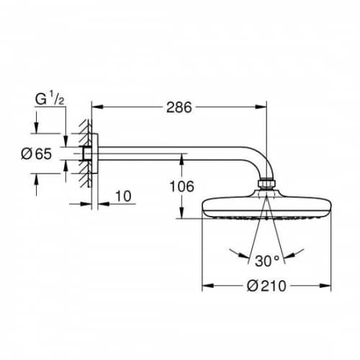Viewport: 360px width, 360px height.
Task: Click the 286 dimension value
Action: coord(179,107)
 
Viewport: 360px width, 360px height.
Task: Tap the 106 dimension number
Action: coord(182,186)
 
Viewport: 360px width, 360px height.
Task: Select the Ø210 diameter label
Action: coord(266,286)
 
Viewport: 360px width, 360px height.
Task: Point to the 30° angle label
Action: coord(267,261)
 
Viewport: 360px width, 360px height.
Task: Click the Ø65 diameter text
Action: coord(37,153)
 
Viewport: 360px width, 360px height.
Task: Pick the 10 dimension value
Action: coord(123,196)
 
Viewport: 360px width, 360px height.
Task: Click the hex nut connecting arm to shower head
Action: coord(266,184)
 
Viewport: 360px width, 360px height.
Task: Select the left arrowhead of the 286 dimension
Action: coord(98,107)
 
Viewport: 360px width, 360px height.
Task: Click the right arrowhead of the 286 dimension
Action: coord(261,107)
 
